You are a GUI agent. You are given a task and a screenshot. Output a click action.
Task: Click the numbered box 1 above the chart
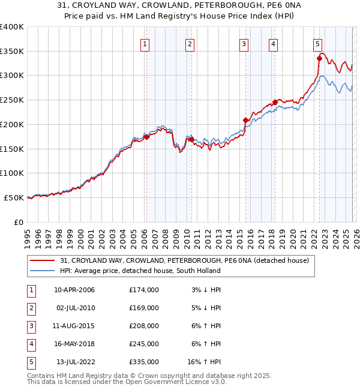click(x=146, y=43)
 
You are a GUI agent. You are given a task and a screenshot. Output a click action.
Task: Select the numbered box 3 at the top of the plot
click(x=244, y=43)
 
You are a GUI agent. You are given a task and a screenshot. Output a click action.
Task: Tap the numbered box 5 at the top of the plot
click(x=317, y=43)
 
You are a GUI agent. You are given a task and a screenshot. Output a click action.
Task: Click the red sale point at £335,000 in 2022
click(x=320, y=59)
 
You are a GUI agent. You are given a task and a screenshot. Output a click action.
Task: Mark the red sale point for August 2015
click(x=246, y=121)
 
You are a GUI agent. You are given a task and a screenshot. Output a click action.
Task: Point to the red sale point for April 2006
click(x=146, y=137)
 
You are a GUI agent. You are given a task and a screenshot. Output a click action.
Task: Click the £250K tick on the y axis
click(x=12, y=100)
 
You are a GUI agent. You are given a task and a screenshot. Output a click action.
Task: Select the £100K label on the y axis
click(x=12, y=173)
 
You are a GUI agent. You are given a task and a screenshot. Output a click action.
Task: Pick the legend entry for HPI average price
click(x=140, y=271)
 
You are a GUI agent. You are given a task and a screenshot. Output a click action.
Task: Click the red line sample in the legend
click(x=43, y=260)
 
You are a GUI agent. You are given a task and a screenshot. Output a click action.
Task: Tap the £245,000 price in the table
click(x=144, y=344)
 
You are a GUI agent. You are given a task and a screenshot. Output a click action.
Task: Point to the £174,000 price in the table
click(x=144, y=290)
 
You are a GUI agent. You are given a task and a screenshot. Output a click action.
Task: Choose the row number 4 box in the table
click(x=30, y=344)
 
